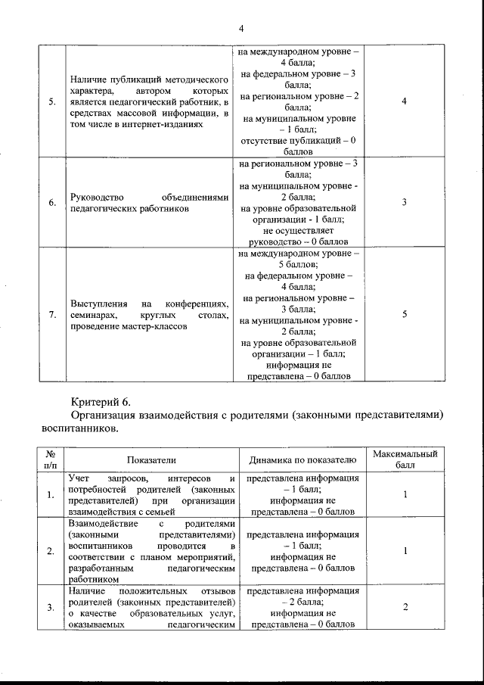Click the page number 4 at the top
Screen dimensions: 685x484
240,29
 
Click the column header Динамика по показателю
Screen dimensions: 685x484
302,459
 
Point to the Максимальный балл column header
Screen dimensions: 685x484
405,459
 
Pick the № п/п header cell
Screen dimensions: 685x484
51,459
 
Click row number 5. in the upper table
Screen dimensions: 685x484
51,102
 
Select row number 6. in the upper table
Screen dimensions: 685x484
51,203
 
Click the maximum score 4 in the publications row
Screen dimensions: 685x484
405,102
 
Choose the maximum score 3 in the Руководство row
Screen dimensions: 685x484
405,203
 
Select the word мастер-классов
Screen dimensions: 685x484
150,326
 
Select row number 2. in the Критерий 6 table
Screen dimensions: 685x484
51,551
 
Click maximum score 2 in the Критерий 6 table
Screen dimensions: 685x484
405,607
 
